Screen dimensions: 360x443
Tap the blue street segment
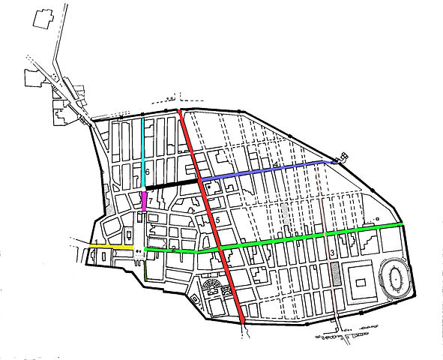pos(262,169)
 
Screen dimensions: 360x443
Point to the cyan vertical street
pos(144,150)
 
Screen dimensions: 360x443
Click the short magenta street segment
pos(144,200)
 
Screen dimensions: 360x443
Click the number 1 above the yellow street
pos(96,240)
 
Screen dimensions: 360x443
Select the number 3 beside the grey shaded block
pos(331,253)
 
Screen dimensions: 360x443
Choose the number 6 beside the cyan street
pos(148,172)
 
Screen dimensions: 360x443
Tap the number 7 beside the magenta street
pos(151,201)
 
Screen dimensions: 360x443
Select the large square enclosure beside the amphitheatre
pos(358,283)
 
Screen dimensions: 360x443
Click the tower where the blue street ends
pos(344,157)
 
